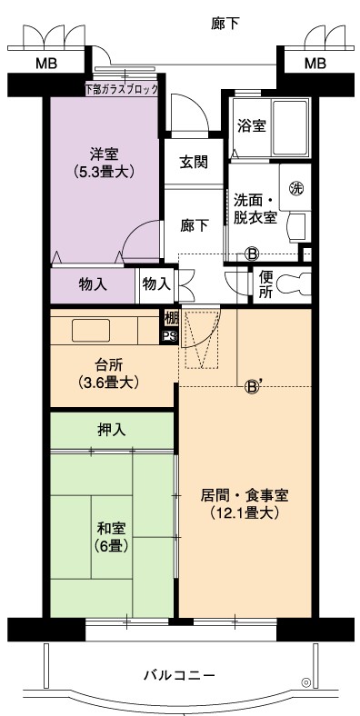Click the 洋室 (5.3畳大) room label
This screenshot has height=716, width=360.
pos(105,163)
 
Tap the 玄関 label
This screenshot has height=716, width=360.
pos(194,162)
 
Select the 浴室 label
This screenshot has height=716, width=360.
pos(251,125)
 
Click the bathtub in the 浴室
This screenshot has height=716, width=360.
pos(291,127)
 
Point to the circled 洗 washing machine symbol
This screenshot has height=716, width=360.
pos(296,188)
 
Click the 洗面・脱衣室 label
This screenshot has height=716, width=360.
pos(255,209)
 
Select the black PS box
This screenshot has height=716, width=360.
pos(168,336)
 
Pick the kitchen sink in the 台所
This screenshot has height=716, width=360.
pos(91,331)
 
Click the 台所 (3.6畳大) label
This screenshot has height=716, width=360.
pos(108,373)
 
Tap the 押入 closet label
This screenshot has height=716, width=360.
pos(111,430)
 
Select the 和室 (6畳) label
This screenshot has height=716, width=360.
pos(111,536)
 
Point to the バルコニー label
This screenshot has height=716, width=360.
pos(179,675)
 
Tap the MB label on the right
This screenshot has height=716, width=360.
pos(315,63)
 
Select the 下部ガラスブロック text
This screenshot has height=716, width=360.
pos(122,89)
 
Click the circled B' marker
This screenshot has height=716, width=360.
pos(252,387)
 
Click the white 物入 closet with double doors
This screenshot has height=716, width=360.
pos(156,285)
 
